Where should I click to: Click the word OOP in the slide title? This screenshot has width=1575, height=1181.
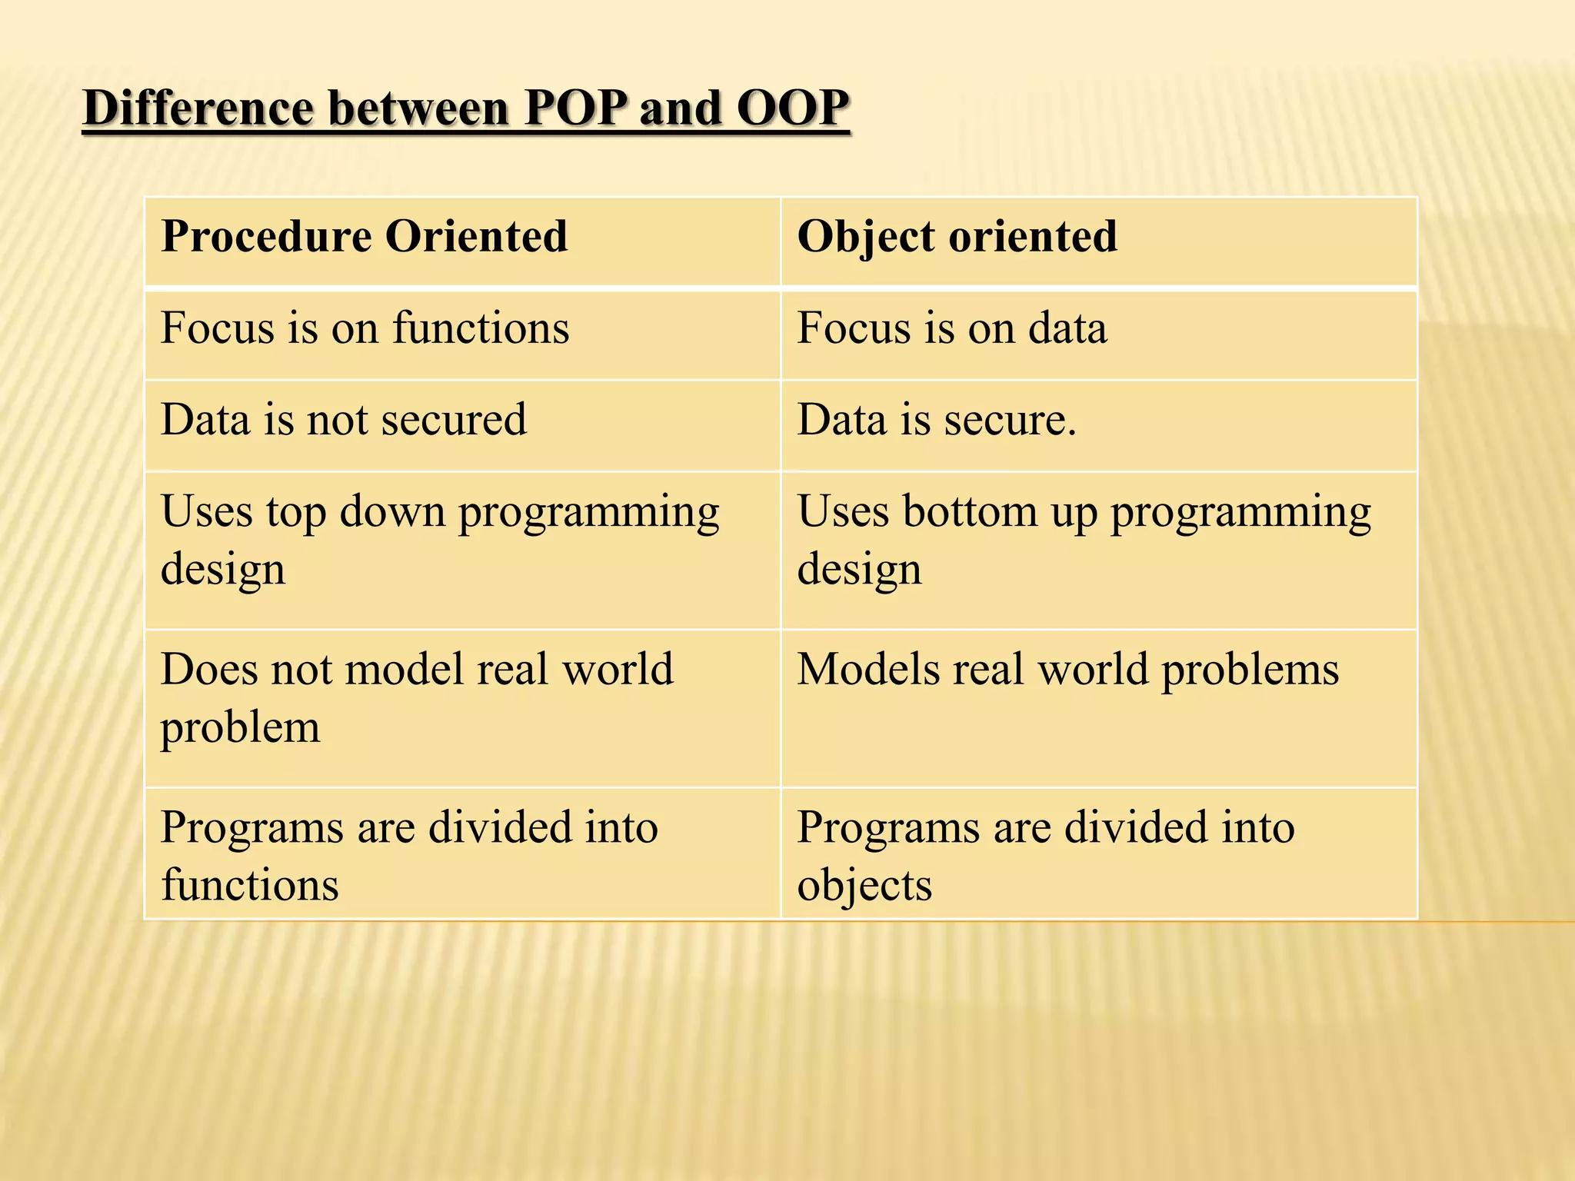pyautogui.click(x=792, y=108)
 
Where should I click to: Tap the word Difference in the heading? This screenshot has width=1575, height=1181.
pyautogui.click(x=198, y=108)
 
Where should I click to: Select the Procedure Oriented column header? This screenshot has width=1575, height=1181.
pyautogui.click(x=364, y=236)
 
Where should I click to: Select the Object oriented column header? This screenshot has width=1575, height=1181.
pyautogui.click(x=957, y=236)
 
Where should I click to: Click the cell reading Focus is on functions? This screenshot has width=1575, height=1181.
pyautogui.click(x=365, y=328)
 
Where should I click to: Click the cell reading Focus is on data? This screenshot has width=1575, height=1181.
pyautogui.click(x=952, y=328)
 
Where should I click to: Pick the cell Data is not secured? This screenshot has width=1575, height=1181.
pyautogui.click(x=343, y=421)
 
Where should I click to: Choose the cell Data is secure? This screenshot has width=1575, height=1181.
pyautogui.click(x=936, y=421)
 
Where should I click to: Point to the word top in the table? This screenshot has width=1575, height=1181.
pyautogui.click(x=296, y=513)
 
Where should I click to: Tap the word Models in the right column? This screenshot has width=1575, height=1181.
pyautogui.click(x=868, y=669)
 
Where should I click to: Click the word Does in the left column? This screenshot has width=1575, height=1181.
pyautogui.click(x=209, y=669)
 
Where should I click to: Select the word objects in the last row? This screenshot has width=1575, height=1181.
pyautogui.click(x=864, y=886)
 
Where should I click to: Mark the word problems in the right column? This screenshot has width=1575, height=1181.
pyautogui.click(x=1250, y=670)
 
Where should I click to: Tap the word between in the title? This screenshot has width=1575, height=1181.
pyautogui.click(x=418, y=108)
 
